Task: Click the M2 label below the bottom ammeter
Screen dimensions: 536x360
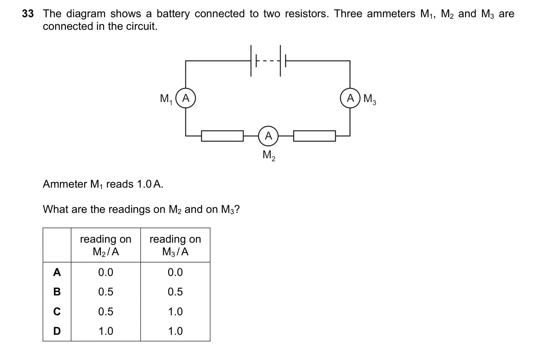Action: coord(269,156)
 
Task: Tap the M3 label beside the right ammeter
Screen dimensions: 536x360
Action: coord(370,99)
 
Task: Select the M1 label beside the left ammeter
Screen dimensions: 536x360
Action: coord(166,99)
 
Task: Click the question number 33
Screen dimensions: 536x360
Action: coord(28,14)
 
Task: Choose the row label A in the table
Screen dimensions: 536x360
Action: coord(57,272)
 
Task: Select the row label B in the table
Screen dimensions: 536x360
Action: coord(57,292)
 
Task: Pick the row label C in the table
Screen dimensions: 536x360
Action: coord(57,311)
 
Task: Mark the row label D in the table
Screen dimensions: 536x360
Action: coord(57,331)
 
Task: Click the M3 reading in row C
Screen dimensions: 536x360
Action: coord(175,311)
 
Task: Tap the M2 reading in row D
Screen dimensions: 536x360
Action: coord(106,331)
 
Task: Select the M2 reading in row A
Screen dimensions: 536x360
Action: coord(106,272)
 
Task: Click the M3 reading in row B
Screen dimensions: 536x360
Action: coord(175,292)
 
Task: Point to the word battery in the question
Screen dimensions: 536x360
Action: coord(173,14)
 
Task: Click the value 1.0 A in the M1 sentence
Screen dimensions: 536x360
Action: coord(150,184)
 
